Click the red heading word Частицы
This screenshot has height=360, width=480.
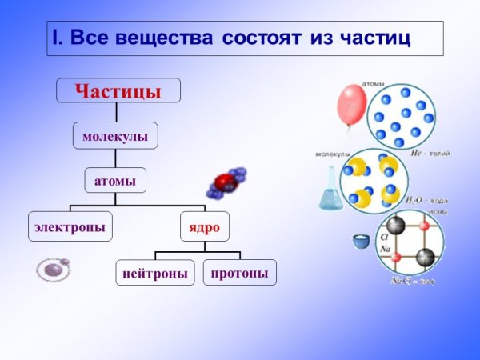click(x=118, y=90)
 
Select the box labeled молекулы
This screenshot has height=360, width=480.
click(x=115, y=137)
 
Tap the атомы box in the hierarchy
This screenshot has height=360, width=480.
click(x=115, y=181)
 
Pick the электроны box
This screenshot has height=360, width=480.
click(x=70, y=226)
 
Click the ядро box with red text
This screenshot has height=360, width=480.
click(x=204, y=226)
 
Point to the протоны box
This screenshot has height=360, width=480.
click(x=239, y=272)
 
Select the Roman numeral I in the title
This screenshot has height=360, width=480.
click(x=56, y=38)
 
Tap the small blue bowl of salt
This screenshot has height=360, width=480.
click(x=362, y=240)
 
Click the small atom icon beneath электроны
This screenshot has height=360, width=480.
click(x=53, y=269)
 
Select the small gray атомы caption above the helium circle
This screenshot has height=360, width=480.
click(x=373, y=82)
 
